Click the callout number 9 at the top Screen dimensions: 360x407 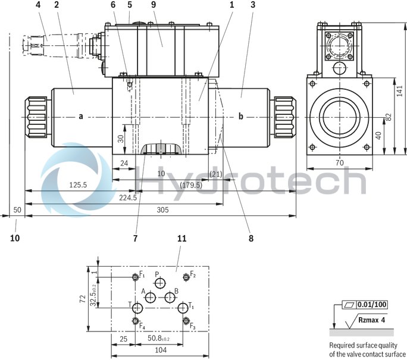[x=154, y=5]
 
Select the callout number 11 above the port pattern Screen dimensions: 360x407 [x=182, y=239]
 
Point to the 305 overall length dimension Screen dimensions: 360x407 [x=162, y=209]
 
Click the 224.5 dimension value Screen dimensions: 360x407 [x=127, y=198]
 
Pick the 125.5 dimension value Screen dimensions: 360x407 [x=77, y=185]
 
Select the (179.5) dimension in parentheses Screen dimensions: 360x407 [x=190, y=185]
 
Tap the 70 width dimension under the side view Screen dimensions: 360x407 [x=339, y=162]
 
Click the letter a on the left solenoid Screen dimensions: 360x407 [x=81, y=116]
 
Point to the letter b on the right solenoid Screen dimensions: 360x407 [x=241, y=116]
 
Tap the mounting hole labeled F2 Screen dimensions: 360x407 [x=186, y=276]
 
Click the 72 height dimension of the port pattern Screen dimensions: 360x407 [x=84, y=298]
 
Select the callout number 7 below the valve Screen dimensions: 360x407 [x=135, y=239]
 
